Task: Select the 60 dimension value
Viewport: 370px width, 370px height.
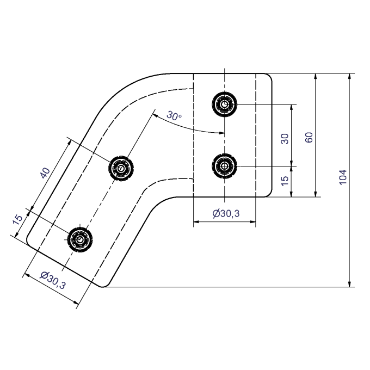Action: pos(309,137)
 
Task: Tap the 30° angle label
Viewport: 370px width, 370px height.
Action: pos(174,116)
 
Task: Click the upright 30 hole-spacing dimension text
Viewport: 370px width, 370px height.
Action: pos(284,138)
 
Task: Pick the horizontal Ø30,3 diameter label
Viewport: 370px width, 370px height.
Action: pos(225,214)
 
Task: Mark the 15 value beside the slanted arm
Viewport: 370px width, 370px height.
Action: pos(18,219)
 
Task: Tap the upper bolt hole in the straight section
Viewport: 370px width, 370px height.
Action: pos(224,104)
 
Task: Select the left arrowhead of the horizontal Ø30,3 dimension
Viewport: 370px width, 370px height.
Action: pos(197,221)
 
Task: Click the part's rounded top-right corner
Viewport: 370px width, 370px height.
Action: pos(268,76)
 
